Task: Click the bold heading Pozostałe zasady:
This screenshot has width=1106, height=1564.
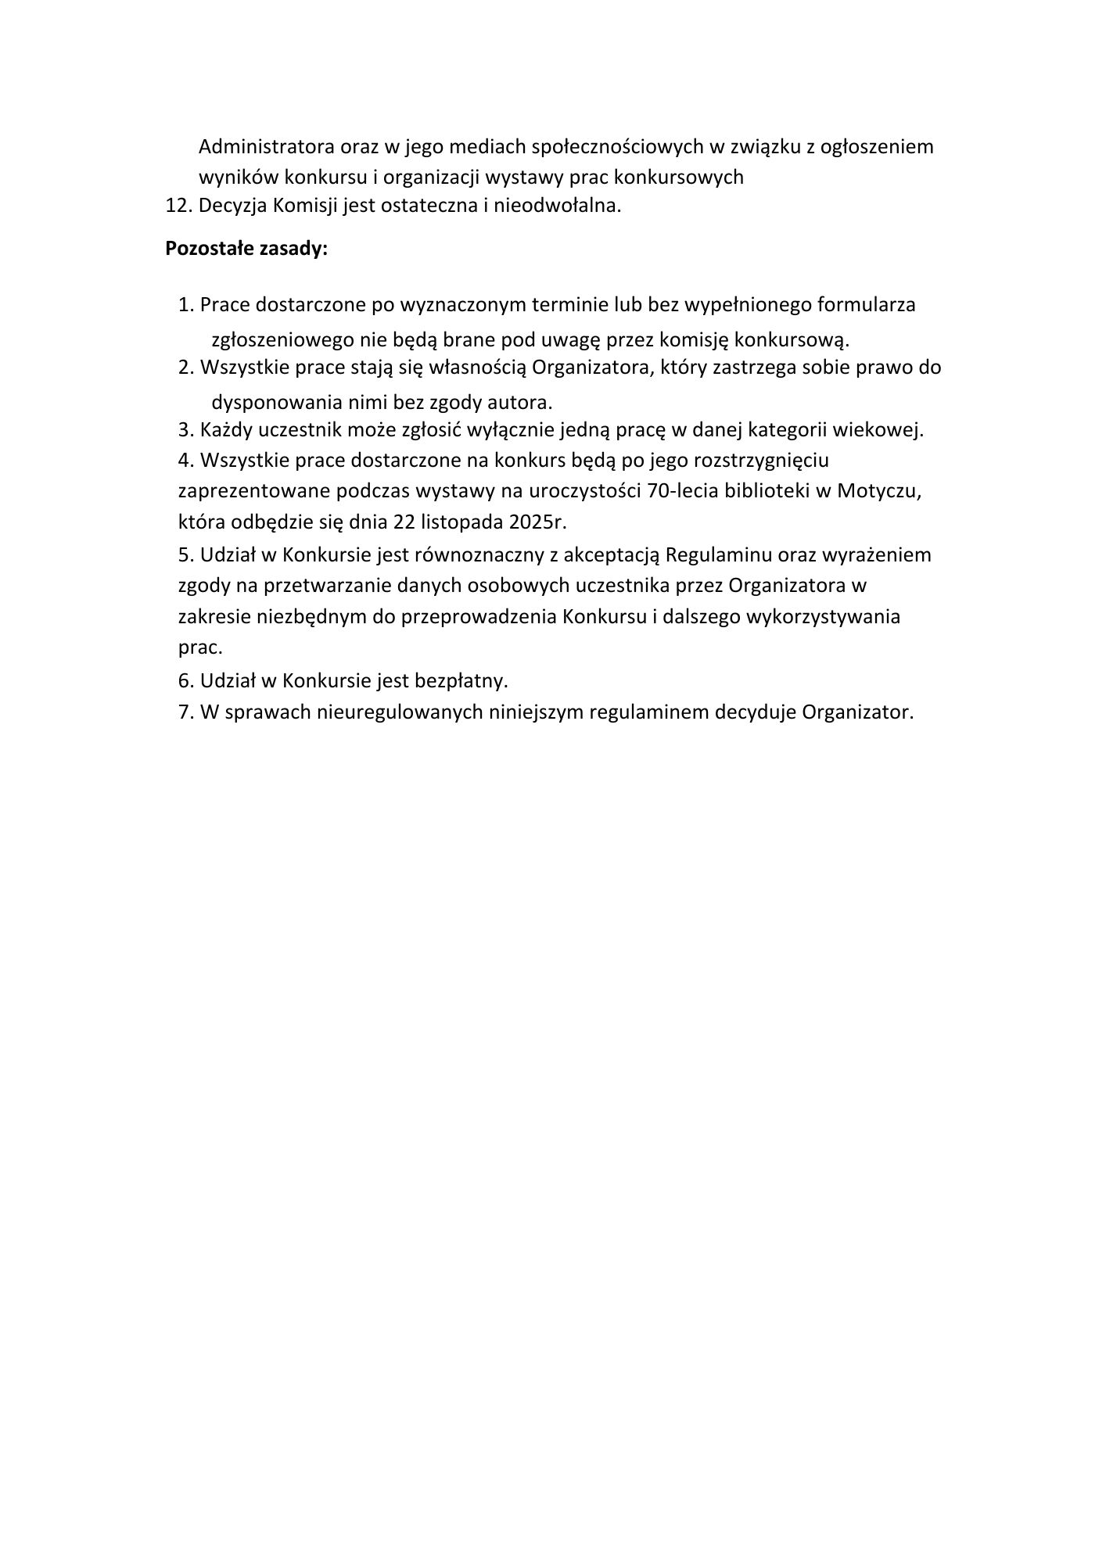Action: click(x=246, y=249)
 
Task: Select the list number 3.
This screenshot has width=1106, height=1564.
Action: click(x=185, y=430)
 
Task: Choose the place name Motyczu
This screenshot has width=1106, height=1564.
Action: click(x=880, y=491)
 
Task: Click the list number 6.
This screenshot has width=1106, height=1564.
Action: click(x=185, y=680)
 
